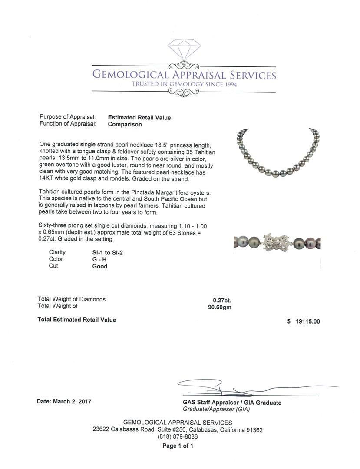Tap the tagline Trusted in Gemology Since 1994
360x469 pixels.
tap(184, 84)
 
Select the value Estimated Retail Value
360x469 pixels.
tap(139, 117)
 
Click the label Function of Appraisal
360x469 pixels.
tap(68, 124)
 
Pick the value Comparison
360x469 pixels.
tap(125, 124)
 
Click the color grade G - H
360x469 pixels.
tap(99, 259)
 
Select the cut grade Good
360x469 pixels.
tap(99, 266)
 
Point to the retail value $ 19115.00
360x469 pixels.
tap(304, 321)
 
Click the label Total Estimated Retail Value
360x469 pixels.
tap(77, 320)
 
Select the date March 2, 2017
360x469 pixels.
tap(64, 402)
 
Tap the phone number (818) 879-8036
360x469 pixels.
tap(177, 437)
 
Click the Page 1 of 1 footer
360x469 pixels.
tap(178, 446)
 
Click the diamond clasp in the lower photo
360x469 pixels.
tap(277, 242)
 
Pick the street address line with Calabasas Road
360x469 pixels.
tap(178, 430)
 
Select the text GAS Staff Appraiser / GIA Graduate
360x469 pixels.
tap(232, 403)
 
